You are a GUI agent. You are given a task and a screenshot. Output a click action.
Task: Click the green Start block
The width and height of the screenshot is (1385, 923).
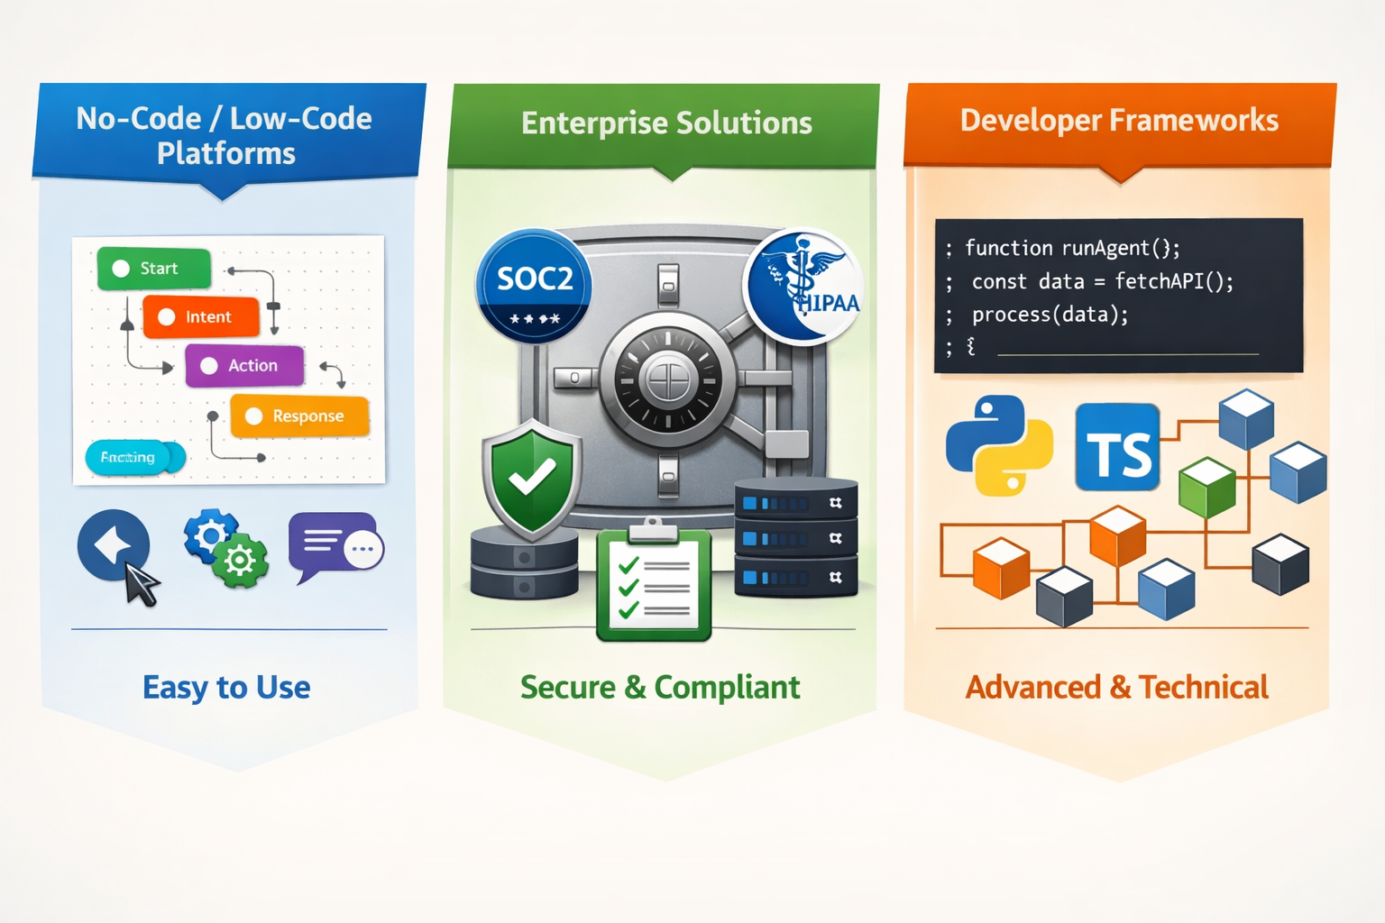(x=153, y=269)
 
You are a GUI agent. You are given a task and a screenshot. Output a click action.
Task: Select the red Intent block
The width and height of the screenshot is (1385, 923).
(x=201, y=317)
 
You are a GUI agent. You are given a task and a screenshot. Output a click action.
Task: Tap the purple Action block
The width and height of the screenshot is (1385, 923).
(x=244, y=365)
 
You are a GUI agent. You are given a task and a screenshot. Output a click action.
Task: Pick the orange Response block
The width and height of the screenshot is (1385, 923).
(x=299, y=416)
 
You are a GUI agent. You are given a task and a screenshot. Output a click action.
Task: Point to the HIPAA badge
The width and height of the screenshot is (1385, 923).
(x=803, y=286)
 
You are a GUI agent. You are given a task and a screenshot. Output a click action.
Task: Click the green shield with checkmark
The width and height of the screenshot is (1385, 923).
(x=531, y=478)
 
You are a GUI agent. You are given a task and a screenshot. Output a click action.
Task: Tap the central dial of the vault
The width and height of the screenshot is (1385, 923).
(x=668, y=379)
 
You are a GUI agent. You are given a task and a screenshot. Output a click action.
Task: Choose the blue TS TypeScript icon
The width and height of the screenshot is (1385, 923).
(x=1117, y=448)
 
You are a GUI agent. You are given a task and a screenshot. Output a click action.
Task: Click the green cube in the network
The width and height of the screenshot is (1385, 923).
(x=1206, y=487)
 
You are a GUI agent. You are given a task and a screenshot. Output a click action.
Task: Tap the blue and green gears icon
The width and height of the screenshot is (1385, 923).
(x=225, y=548)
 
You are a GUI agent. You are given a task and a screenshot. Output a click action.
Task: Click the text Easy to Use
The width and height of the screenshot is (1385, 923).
(x=226, y=688)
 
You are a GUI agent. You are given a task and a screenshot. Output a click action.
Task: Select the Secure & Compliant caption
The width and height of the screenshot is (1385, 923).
(x=660, y=688)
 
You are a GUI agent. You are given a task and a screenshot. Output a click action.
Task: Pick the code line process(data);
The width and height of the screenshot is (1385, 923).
(x=1050, y=315)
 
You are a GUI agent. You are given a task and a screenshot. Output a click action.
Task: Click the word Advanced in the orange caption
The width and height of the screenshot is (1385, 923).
(x=1033, y=688)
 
